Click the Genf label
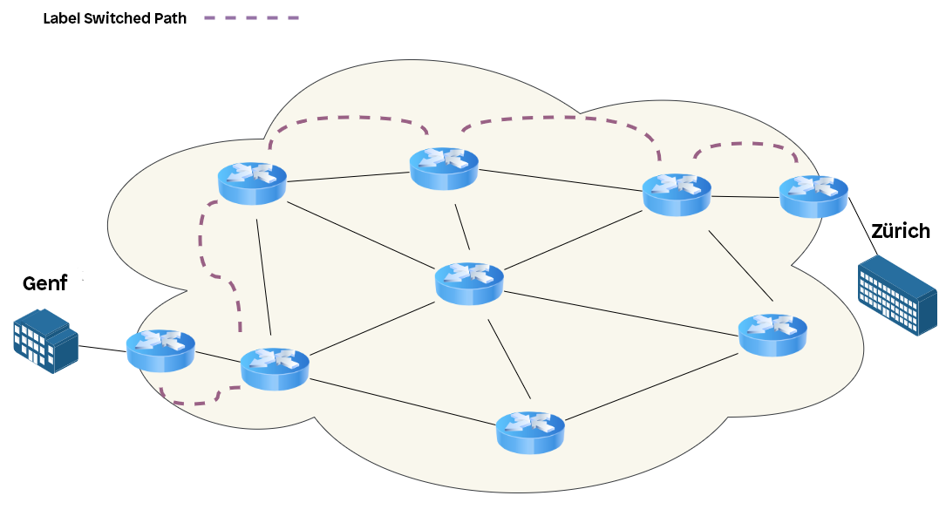44,283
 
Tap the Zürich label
901,231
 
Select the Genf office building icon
45,340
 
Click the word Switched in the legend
117,18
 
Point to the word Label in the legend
61,18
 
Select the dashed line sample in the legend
252,17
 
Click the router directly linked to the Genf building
160,350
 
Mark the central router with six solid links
469,282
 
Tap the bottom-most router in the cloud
530,431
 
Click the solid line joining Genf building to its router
102,350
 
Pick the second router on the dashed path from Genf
275,368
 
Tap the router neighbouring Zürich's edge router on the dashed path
676,194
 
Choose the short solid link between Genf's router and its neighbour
217,358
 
